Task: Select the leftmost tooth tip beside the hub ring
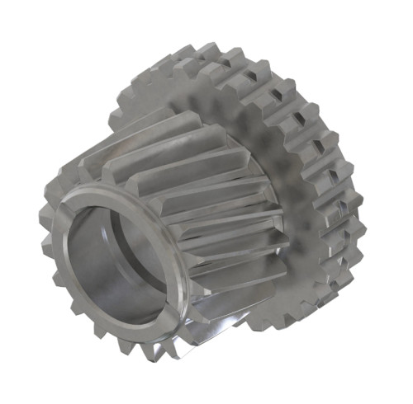coord(45,223)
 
